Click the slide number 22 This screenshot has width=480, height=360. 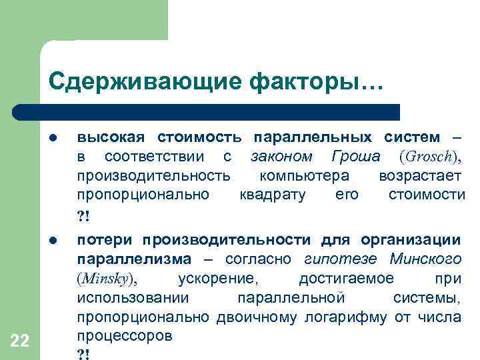tap(21, 341)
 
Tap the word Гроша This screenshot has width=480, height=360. tap(355, 157)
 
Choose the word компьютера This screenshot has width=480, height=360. tap(304, 176)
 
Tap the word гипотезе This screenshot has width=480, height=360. tap(337, 259)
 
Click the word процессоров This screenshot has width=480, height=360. tap(125, 335)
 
